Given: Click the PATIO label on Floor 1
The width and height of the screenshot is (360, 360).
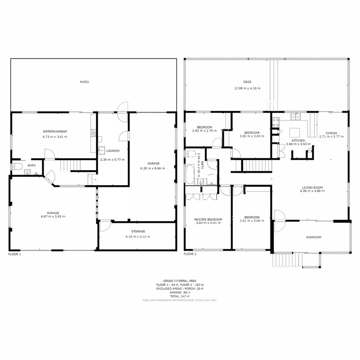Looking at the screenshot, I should (84, 82).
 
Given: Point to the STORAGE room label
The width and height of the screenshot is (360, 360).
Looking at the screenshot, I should (138, 231).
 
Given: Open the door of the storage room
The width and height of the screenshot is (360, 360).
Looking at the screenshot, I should (104, 226).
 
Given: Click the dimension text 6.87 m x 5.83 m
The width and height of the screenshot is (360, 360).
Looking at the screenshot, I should (53, 217).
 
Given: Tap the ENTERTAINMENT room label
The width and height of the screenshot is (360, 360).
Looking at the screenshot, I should (55, 131).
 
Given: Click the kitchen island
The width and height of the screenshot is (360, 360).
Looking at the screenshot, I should (295, 131).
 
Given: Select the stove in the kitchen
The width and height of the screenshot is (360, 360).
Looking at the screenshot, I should (276, 122).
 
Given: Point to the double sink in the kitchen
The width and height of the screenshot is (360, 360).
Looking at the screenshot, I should (296, 116).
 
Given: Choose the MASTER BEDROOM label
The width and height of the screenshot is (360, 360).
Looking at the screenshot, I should (208, 219).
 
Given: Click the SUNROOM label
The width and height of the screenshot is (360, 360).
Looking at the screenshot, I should (314, 237).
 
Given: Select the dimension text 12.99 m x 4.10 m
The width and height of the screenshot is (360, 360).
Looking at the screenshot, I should (247, 88).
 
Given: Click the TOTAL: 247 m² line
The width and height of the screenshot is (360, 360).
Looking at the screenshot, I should (180, 296).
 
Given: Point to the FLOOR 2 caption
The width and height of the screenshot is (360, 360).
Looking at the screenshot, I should (190, 254).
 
